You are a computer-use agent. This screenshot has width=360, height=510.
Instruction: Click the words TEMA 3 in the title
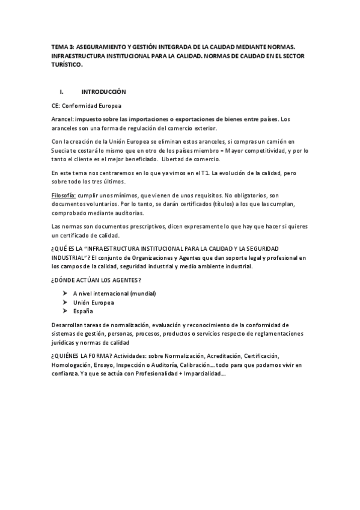click(x=62, y=45)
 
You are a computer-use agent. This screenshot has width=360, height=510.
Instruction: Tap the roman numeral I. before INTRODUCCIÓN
click(x=61, y=92)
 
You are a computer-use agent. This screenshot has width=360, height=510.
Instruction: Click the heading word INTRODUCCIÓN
click(x=105, y=92)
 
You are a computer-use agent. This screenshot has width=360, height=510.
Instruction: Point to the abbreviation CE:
click(x=57, y=105)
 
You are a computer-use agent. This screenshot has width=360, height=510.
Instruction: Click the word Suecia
click(x=62, y=150)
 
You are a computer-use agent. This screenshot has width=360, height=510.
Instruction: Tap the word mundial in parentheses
click(x=142, y=293)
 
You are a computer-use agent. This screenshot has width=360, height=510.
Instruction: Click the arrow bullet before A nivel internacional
click(x=64, y=293)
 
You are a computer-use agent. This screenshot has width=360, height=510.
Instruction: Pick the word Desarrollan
click(x=70, y=325)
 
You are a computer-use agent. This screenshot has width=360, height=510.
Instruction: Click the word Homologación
click(x=74, y=364)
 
